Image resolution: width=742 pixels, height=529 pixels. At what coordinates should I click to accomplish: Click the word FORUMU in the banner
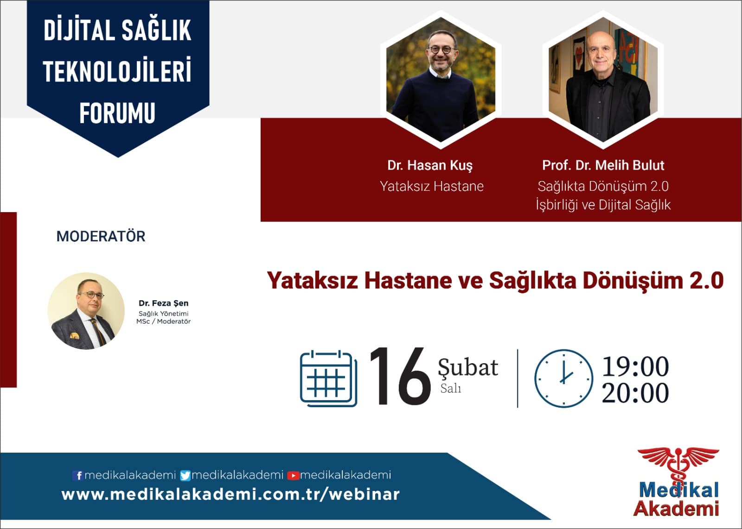pos(117,113)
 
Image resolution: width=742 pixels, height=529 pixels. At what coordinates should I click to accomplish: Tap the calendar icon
pos(329,378)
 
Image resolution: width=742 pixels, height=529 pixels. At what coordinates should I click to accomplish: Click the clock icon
pos(563,378)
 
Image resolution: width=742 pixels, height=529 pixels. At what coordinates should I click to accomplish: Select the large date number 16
pos(400,377)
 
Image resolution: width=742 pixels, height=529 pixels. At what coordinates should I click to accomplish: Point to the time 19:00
pos(635,366)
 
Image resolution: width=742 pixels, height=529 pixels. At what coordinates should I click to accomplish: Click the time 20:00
pos(635,393)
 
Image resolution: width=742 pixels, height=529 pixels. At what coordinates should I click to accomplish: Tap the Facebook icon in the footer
pos(77,475)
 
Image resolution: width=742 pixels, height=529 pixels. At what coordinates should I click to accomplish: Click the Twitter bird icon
pos(185,475)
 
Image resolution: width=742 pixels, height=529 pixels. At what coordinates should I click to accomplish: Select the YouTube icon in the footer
pos(293,475)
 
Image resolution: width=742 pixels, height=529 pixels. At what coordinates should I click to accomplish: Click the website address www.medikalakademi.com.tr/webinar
pos(230,495)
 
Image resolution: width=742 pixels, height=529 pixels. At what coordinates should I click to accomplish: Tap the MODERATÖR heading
pos(101,236)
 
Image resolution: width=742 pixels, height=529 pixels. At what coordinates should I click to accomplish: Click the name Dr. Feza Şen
pos(163,303)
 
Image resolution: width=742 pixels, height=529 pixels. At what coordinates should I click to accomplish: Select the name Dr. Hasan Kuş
pos(430,165)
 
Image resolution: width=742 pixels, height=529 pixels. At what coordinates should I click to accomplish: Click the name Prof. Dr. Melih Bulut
pos(603,165)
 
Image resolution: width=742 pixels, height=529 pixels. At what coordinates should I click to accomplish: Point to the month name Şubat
pos(468,367)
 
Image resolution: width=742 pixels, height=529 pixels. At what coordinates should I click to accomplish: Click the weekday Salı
pos(450,388)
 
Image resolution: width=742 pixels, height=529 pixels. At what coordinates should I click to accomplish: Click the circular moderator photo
pos(86,311)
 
